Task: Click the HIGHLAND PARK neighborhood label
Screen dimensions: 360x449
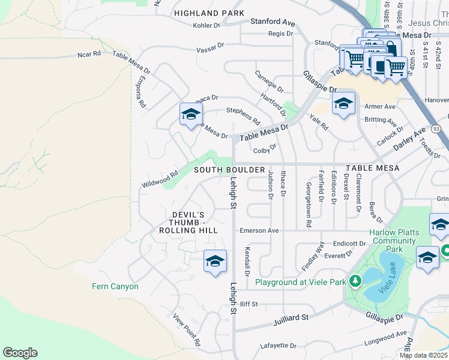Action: tap(209, 13)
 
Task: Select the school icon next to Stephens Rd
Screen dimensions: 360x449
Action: tap(191, 115)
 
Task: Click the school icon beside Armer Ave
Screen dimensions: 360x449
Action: tap(344, 104)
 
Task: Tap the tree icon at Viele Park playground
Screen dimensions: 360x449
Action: tap(355, 281)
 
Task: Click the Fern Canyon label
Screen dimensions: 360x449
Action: tap(115, 286)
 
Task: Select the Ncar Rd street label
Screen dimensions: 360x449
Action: tap(89, 55)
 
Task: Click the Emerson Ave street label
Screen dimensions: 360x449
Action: tap(259, 230)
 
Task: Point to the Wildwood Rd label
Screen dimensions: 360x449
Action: tap(160, 179)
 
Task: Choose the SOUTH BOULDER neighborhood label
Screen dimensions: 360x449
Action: tap(229, 170)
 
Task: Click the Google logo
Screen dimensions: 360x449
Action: tap(20, 353)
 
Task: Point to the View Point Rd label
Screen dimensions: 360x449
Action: tap(186, 330)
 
